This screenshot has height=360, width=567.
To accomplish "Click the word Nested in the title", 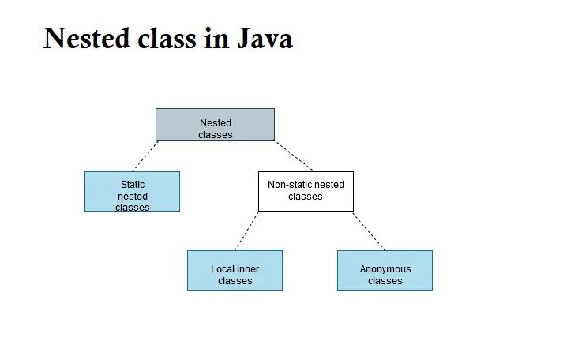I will (x=81, y=38).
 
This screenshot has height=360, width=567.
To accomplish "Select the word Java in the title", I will (x=265, y=38).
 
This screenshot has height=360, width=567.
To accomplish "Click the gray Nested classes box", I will (x=215, y=125).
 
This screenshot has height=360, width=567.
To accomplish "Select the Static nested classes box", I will (x=132, y=191).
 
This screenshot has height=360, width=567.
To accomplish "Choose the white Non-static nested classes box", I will (x=306, y=191).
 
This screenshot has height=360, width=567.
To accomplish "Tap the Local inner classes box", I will (x=235, y=270).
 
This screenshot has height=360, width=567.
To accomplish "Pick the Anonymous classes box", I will (x=385, y=270).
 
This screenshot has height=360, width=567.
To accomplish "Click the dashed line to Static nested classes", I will (x=145, y=156).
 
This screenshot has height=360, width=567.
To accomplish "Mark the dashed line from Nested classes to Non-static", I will (x=294, y=156).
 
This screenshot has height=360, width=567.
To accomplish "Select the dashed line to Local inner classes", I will (x=246, y=231).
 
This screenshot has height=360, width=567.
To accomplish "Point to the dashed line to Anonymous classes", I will (x=369, y=231).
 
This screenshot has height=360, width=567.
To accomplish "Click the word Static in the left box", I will (x=133, y=184).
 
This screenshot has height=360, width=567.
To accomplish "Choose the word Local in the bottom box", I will (x=222, y=269).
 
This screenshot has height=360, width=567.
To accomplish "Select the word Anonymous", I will (x=385, y=269).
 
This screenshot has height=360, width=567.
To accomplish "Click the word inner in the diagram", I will (x=247, y=269).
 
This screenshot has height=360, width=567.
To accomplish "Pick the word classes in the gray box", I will (x=216, y=135).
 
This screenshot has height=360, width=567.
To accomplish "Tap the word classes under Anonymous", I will (x=385, y=281).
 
